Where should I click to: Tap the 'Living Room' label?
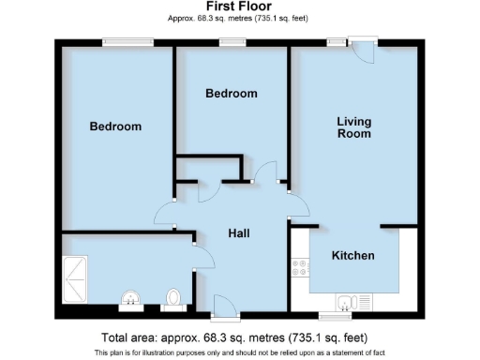pos(354,127)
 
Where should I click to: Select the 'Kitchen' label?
pos(353,255)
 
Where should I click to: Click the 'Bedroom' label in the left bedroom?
pos(115,127)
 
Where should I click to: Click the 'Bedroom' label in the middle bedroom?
pos(231,94)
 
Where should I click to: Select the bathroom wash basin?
pos(129,299)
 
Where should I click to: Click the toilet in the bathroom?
pos(171,298)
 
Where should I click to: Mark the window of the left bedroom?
pos(127,41)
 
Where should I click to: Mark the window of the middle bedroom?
pos(231,41)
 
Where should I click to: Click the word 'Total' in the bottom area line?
pos(116,337)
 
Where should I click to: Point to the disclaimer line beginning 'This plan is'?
pos(239,352)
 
